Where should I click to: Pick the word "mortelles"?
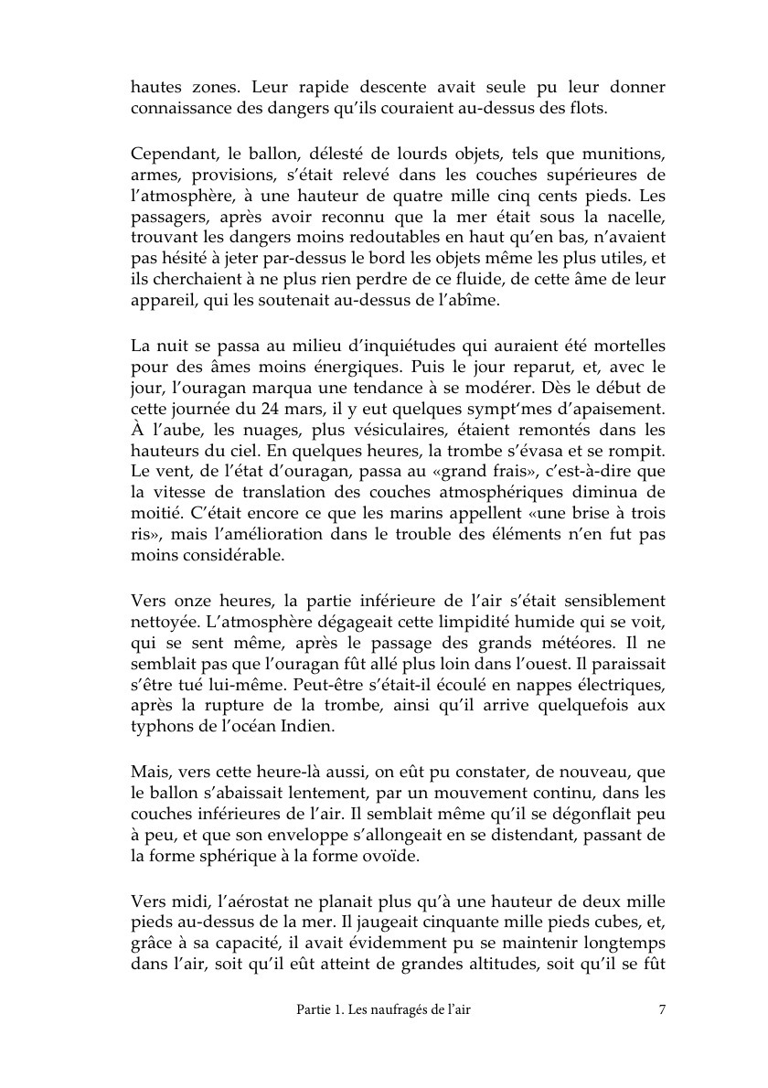(624, 347)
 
